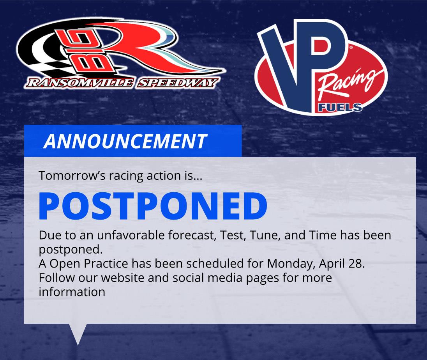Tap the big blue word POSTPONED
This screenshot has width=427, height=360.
153,206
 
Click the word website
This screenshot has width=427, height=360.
123,278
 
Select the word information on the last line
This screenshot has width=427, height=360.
72,292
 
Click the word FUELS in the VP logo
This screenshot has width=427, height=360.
340,108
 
